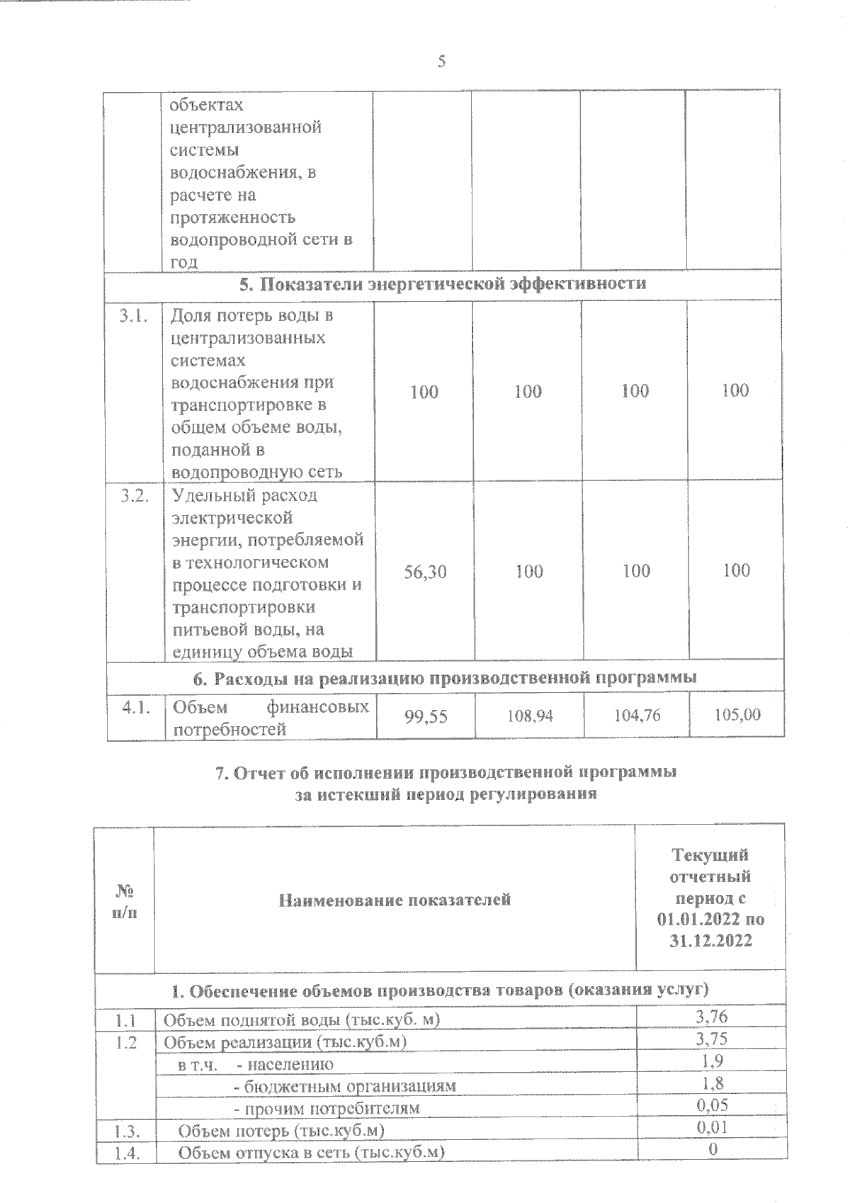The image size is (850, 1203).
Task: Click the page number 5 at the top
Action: tap(441, 62)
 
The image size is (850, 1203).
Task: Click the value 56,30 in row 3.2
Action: tap(425, 572)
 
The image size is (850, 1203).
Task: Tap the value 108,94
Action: tap(529, 716)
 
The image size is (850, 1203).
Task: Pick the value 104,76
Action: tap(637, 716)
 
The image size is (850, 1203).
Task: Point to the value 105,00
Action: tap(737, 715)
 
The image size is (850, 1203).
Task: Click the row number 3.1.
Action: tap(134, 316)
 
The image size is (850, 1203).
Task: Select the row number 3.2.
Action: tap(134, 496)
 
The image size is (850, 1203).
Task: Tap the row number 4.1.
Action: tap(135, 707)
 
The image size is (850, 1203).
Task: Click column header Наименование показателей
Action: tap(395, 900)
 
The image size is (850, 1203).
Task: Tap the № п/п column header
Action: tap(125, 900)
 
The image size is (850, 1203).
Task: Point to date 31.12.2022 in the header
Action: tap(710, 941)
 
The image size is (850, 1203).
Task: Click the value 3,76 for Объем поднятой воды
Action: tap(711, 1017)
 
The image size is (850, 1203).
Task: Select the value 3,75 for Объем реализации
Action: tap(711, 1039)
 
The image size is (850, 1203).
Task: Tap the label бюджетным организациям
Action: tap(345, 1085)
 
